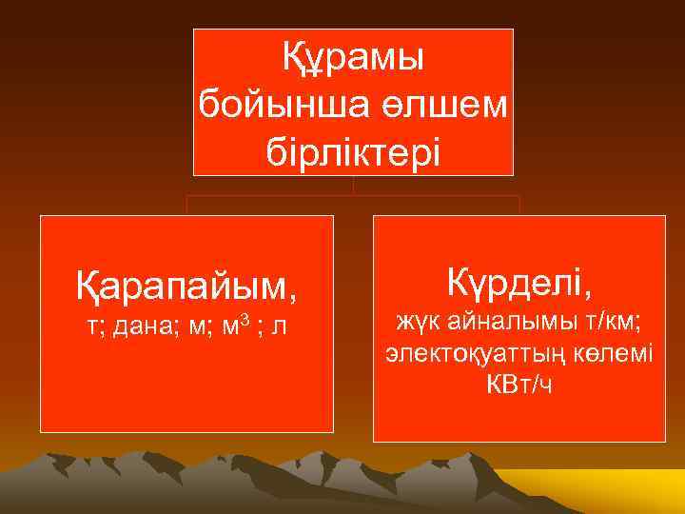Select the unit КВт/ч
click(x=519, y=385)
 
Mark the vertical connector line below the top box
click(x=353, y=186)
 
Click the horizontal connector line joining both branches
click(x=353, y=196)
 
